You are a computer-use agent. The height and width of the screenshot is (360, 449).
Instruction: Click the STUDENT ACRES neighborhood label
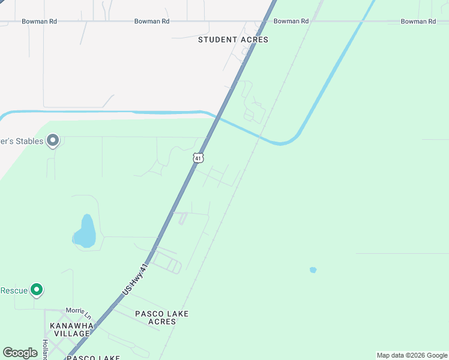pyautogui.click(x=233, y=40)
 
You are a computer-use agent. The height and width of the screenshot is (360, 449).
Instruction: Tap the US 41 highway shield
pyautogui.click(x=199, y=158)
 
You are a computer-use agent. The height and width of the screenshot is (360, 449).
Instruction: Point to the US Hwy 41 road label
pyautogui.click(x=134, y=280)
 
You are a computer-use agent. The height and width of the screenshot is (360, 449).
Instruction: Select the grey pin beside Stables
pyautogui.click(x=53, y=141)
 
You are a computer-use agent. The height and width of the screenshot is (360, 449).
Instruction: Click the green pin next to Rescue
pyautogui.click(x=37, y=290)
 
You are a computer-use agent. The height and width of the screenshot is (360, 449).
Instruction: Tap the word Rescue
pyautogui.click(x=13, y=290)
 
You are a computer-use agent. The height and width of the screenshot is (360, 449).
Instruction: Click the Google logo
pyautogui.click(x=20, y=353)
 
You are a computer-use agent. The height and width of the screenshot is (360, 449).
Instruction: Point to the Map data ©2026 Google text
pyautogui.click(x=412, y=355)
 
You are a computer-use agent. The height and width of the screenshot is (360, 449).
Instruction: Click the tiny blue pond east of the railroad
pyautogui.click(x=313, y=270)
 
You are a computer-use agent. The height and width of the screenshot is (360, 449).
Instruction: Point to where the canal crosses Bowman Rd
pyautogui.click(x=363, y=21)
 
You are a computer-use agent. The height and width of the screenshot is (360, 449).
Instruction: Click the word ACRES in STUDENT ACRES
pyautogui.click(x=254, y=40)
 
